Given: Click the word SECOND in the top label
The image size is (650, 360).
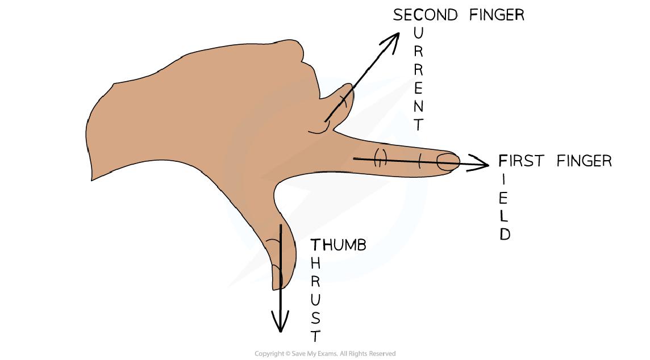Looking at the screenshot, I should pyautogui.click(x=425, y=15).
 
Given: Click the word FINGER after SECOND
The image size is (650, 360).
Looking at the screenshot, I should pyautogui.click(x=497, y=15).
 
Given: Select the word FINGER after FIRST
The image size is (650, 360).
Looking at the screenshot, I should pyautogui.click(x=584, y=161).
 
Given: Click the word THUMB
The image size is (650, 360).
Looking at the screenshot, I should pyautogui.click(x=338, y=245).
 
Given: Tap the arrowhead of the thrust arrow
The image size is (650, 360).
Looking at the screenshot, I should pyautogui.click(x=280, y=325).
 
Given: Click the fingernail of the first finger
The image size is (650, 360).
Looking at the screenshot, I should pyautogui.click(x=448, y=162).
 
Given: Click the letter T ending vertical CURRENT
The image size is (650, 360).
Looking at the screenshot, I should pyautogui.click(x=419, y=125).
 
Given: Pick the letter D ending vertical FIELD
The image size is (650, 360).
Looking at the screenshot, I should pyautogui.click(x=505, y=235).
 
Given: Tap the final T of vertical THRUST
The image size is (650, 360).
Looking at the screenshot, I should pyautogui.click(x=316, y=336).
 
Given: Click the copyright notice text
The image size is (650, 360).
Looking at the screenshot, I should pyautogui.click(x=324, y=354).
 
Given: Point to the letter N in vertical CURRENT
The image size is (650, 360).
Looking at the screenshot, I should pyautogui.click(x=419, y=106).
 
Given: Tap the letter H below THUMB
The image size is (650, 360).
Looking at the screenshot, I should pyautogui.click(x=316, y=263).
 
